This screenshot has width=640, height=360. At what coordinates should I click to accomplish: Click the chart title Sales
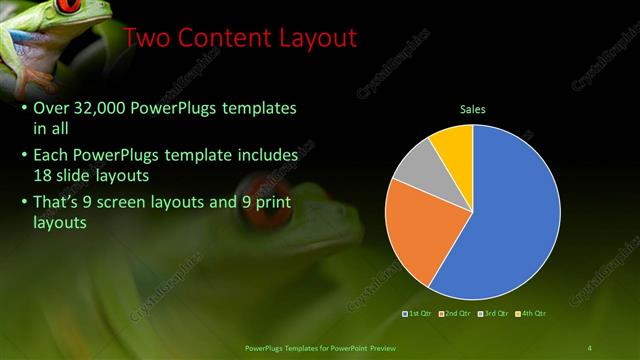point(473,109)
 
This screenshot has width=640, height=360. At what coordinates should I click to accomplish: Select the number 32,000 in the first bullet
point(105,107)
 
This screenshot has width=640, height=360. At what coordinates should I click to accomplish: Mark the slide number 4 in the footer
point(590,347)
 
